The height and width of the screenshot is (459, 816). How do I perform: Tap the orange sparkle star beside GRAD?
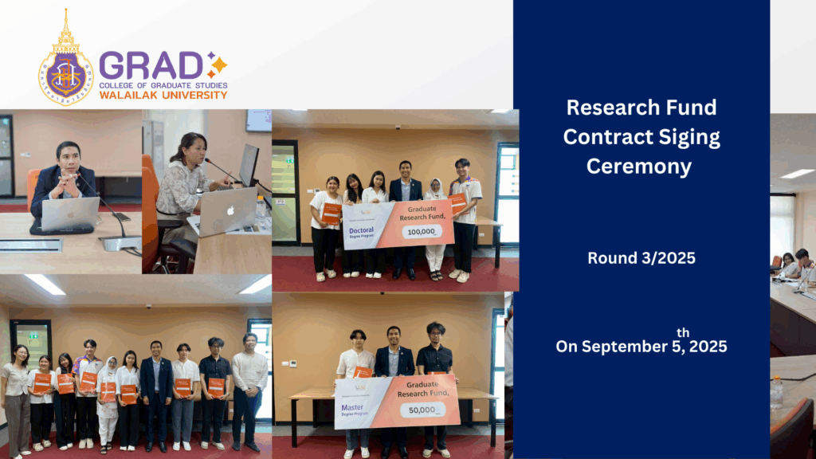[217, 65]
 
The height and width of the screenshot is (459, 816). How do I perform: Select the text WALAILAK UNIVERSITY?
[163, 95]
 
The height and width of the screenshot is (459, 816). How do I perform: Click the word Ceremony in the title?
[641, 166]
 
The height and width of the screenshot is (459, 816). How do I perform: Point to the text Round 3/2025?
[641, 257]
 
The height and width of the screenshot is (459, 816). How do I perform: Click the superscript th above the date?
[683, 332]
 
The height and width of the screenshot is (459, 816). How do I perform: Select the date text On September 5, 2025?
[641, 347]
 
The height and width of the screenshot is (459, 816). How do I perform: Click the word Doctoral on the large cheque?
[360, 229]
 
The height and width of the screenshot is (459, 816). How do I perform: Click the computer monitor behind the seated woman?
[249, 164]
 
